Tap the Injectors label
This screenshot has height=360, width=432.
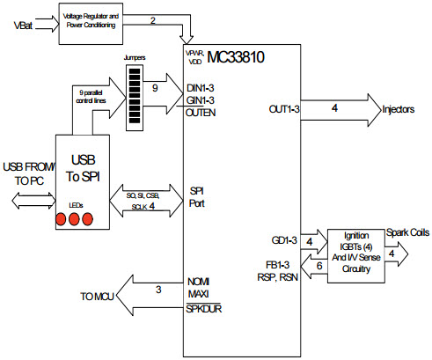click(404, 110)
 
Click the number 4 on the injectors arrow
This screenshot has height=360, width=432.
click(333, 108)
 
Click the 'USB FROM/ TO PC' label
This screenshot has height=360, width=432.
click(27, 173)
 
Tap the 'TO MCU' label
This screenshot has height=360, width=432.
click(98, 296)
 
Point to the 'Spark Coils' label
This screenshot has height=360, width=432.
click(406, 232)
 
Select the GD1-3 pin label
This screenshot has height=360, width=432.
click(284, 239)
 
